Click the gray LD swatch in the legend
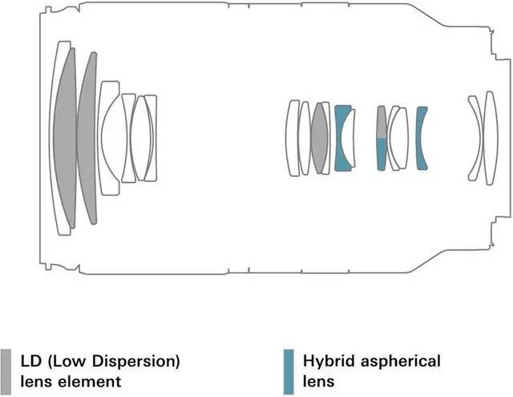(6, 369)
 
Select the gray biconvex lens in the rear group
(321, 137)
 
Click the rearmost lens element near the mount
(484, 137)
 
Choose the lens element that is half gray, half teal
(382, 137)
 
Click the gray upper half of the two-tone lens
(382, 122)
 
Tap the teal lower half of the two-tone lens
(382, 154)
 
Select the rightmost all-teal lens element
(422, 137)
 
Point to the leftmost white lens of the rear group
(293, 137)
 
